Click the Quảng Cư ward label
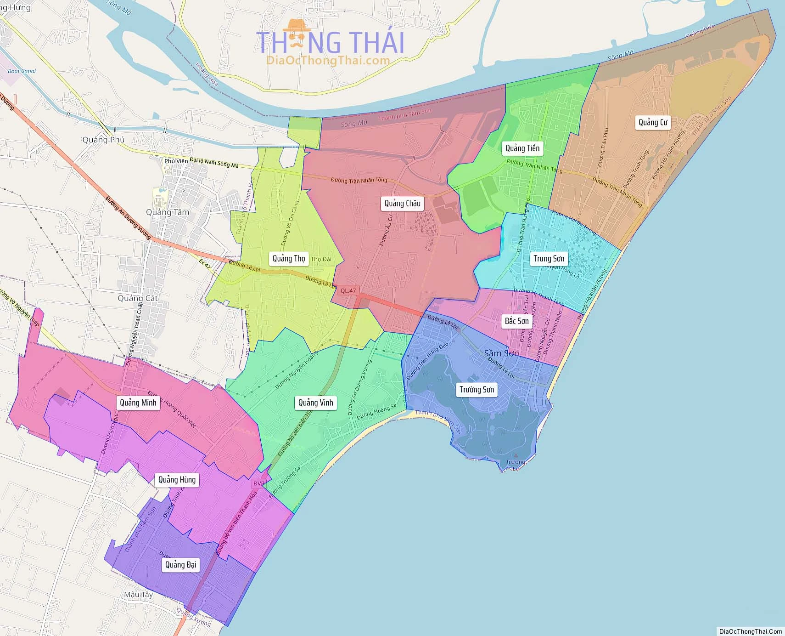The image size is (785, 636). tap(653, 122)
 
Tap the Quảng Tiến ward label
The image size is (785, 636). tap(522, 148)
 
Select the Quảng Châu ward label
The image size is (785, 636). tap(402, 203)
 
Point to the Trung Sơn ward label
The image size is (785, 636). tap(549, 258)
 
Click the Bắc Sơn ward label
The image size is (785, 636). tap(516, 321)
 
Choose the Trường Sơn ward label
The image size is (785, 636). tap(477, 390)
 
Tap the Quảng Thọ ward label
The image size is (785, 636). tap(288, 258)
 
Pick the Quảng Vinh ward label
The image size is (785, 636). tap(315, 403)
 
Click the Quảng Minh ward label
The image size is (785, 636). tap(138, 403)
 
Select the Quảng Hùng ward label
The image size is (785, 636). tap(177, 480)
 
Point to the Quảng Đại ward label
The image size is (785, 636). tap(180, 564)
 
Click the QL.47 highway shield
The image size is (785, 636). tap(348, 290)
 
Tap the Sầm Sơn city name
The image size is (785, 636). tap(501, 353)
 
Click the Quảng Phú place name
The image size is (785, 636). tap(103, 140)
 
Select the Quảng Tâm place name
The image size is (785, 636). tap(167, 212)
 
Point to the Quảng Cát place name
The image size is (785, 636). tap(137, 298)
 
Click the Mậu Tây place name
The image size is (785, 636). tap(138, 595)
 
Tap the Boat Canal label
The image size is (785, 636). tap(22, 71)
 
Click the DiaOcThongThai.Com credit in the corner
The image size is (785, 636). tap(751, 631)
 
